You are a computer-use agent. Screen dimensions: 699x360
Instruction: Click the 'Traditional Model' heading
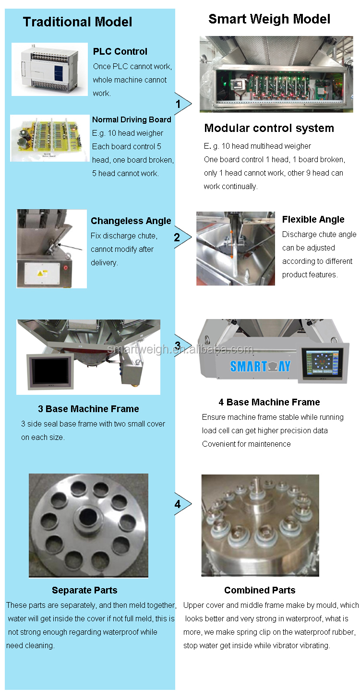(77, 22)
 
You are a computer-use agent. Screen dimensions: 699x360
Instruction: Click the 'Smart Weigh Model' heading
(269, 19)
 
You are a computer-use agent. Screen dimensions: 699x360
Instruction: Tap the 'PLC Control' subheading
(120, 51)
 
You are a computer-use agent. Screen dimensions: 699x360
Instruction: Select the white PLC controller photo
(49, 69)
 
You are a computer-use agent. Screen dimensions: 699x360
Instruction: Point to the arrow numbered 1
(181, 104)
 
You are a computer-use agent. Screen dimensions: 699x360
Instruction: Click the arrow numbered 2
(181, 237)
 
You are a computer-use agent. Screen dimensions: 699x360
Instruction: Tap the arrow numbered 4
(181, 504)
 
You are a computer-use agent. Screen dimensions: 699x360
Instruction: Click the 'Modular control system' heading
(269, 128)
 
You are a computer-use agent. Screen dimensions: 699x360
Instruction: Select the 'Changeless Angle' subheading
(131, 221)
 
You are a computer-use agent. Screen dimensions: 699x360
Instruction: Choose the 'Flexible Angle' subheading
(313, 219)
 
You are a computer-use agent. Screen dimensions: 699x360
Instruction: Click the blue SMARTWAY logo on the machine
(260, 366)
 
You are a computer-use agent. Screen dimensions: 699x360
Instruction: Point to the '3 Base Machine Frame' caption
(88, 409)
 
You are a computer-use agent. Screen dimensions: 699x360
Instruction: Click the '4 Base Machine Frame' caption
(269, 402)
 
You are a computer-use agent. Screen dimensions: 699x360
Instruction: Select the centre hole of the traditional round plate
(88, 518)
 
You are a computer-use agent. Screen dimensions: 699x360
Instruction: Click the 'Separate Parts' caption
(84, 590)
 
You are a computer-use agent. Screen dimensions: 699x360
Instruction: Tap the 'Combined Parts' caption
(260, 590)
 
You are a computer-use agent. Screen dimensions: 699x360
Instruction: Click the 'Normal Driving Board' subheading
(132, 119)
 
